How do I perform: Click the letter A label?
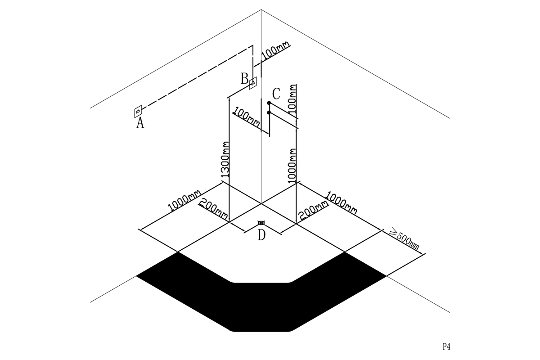(140, 123)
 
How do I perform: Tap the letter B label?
(244, 79)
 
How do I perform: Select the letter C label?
(276, 94)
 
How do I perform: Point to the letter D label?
(261, 235)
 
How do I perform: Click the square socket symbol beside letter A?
(138, 111)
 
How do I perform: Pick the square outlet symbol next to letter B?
(253, 83)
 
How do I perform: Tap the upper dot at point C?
(269, 103)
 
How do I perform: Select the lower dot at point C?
(269, 112)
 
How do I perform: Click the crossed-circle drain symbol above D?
(261, 222)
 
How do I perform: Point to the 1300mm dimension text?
(225, 159)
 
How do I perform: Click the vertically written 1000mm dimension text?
(292, 166)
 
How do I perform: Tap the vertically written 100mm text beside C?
(292, 99)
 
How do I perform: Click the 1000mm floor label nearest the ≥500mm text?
(341, 202)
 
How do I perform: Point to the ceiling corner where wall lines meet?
(261, 10)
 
